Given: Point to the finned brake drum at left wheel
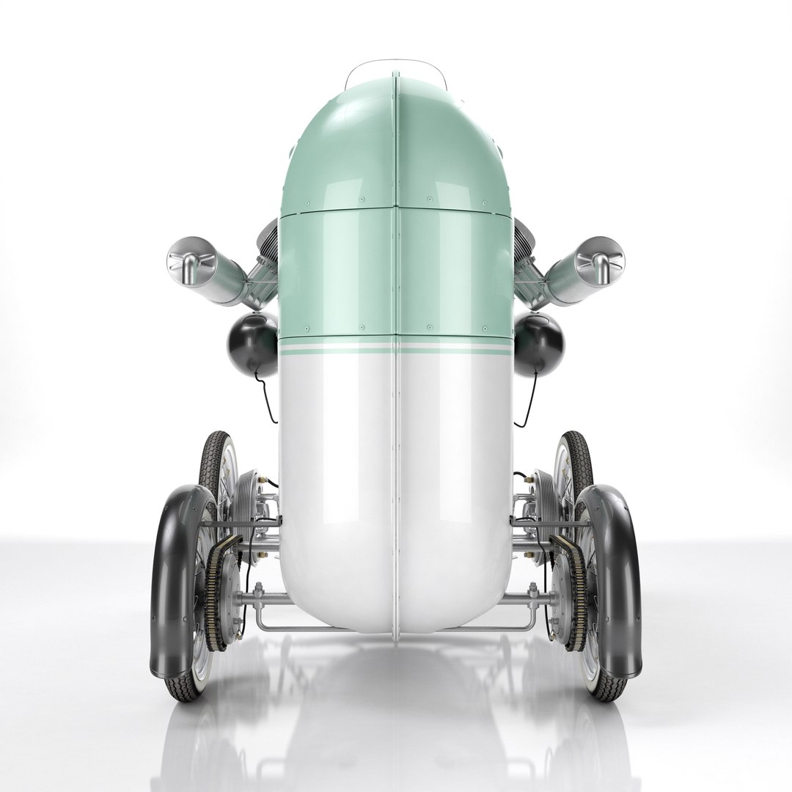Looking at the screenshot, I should (245, 506).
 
